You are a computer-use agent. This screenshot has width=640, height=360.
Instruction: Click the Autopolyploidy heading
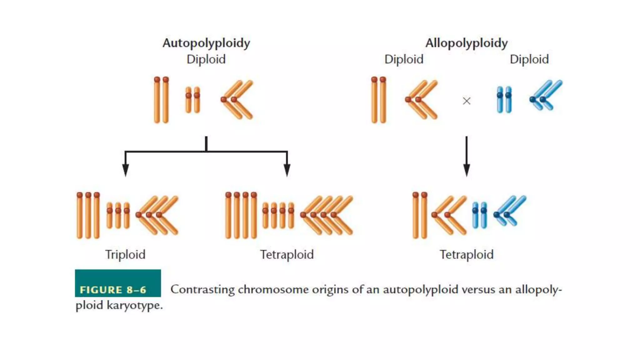point(206,43)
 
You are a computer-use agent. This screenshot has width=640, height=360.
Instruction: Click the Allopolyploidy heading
point(466,43)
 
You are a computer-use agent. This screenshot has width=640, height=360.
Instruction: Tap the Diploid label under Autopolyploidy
point(206,59)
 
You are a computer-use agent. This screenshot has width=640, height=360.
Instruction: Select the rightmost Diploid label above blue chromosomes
point(529,59)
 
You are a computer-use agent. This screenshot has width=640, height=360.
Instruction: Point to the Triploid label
point(125,254)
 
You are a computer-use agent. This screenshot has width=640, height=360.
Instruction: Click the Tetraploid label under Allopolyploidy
point(466,254)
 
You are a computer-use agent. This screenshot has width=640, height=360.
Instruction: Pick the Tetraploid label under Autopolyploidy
point(287,254)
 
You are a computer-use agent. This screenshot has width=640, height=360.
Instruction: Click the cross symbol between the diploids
point(466,101)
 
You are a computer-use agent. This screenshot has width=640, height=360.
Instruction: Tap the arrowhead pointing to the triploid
point(125,170)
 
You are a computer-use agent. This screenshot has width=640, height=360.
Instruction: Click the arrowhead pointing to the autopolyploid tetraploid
point(287,170)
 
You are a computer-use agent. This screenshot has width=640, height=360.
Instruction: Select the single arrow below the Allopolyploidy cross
point(466,156)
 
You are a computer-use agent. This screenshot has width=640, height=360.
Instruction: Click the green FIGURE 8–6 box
point(118,283)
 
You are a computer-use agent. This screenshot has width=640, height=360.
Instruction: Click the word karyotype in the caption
point(134,305)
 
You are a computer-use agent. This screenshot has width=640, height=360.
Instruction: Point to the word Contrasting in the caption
point(202,289)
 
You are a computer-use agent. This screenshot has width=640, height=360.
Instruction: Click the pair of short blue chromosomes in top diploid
point(504,99)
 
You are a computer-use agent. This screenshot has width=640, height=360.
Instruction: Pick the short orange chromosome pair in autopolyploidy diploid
point(192,99)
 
